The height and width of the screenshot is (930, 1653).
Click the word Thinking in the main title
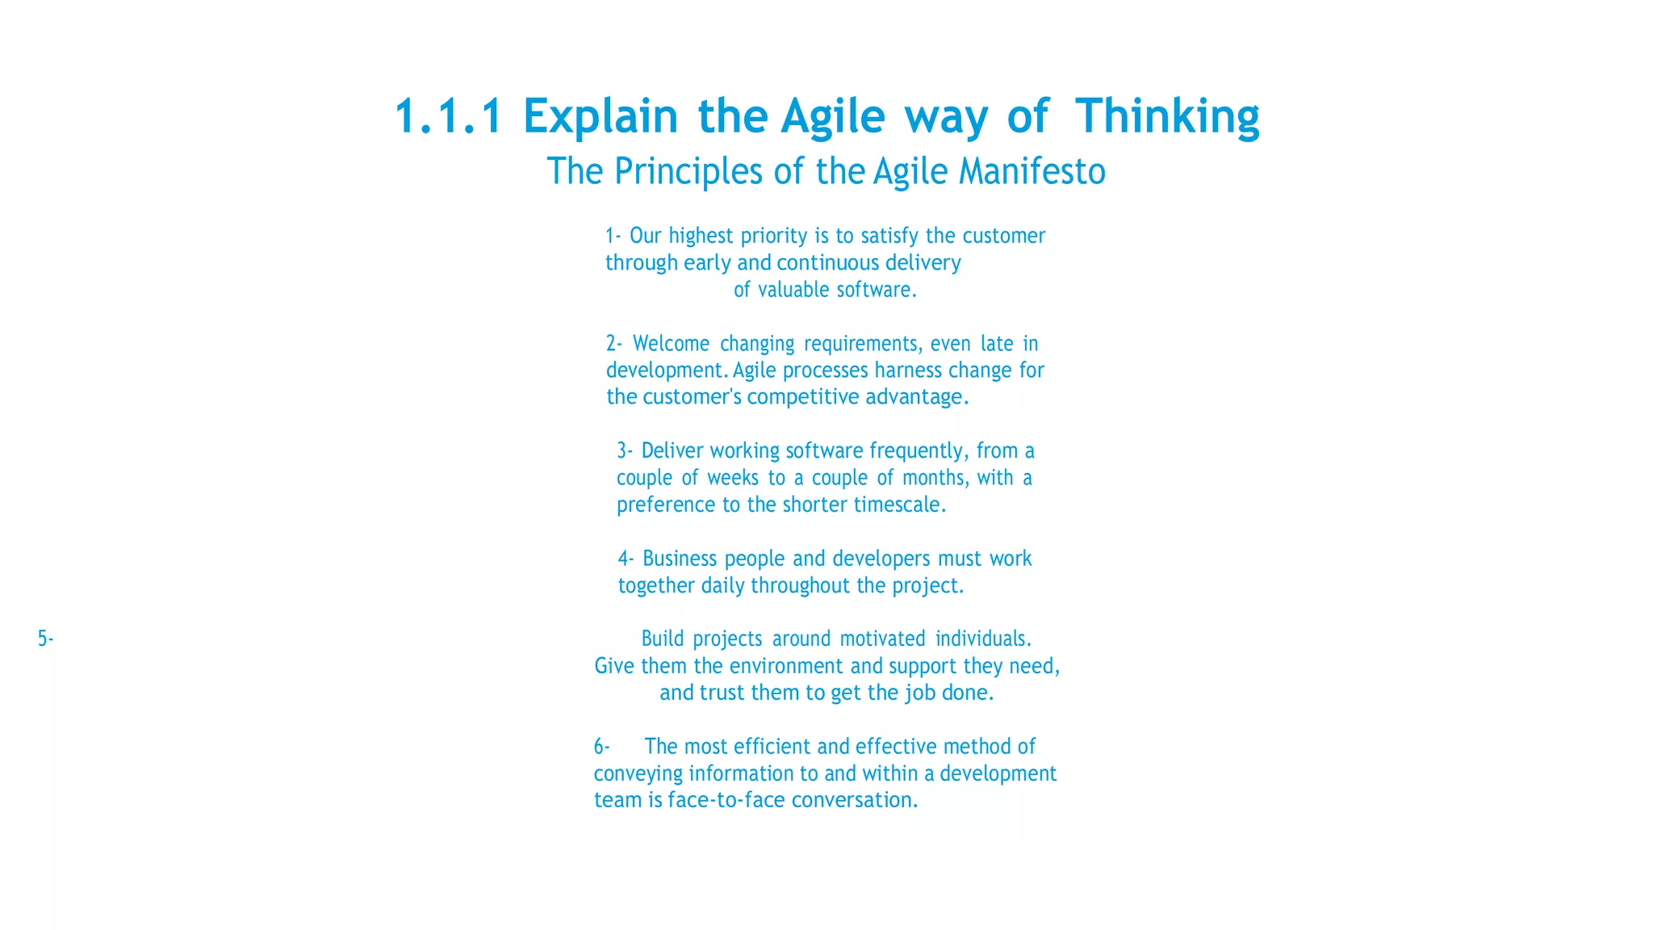(x=1166, y=116)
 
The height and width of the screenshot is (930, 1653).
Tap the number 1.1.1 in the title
(x=449, y=116)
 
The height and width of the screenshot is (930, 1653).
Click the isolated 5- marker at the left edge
(x=45, y=639)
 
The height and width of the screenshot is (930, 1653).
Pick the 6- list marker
(x=602, y=746)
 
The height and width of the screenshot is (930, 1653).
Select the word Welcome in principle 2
(x=671, y=344)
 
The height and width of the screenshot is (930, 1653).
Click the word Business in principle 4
(x=680, y=559)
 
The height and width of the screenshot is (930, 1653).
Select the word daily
(x=722, y=585)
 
